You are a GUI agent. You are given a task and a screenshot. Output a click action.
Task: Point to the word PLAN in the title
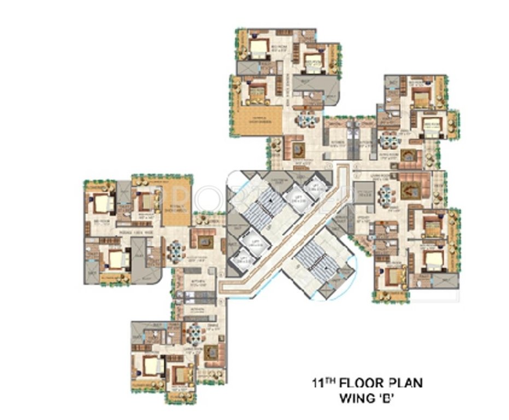pos(404,383)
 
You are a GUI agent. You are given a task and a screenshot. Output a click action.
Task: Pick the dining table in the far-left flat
pos(176,250)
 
